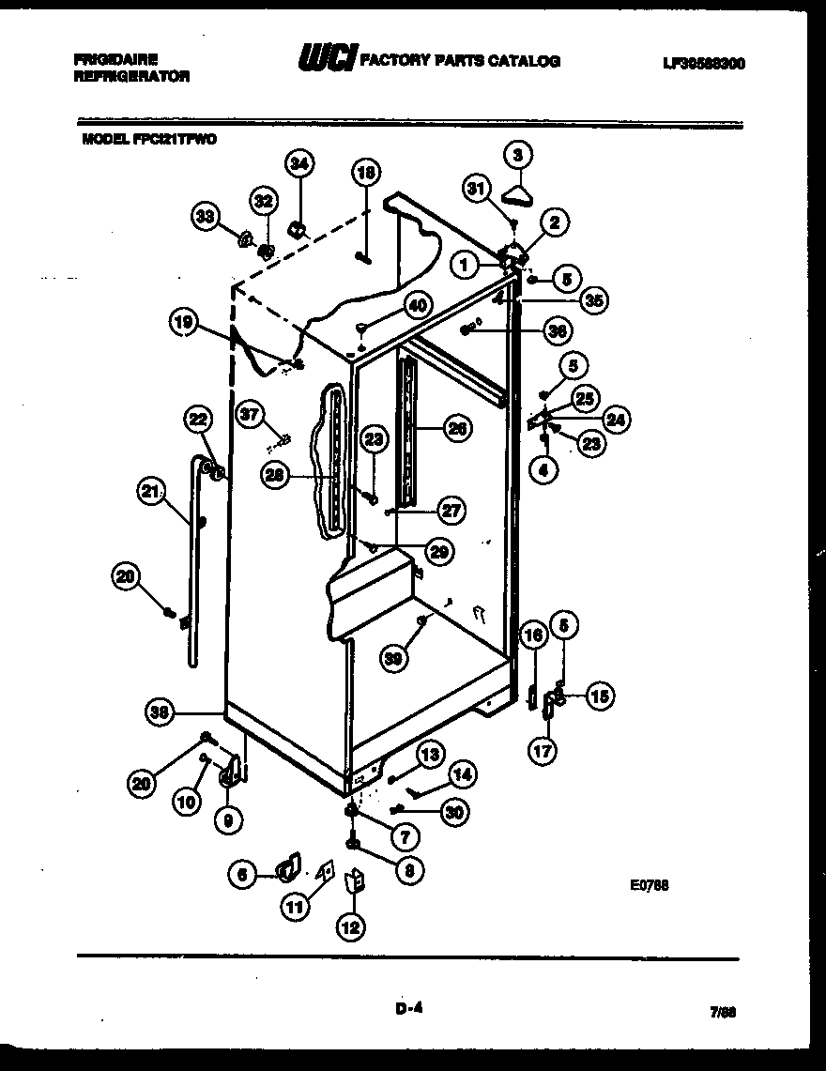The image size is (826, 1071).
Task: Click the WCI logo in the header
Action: pos(325,60)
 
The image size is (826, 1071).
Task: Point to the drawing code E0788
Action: pos(650,884)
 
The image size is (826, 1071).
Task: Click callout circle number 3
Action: pos(517,155)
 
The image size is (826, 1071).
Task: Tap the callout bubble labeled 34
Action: pos(298,164)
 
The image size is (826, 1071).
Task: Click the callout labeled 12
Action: pos(350,927)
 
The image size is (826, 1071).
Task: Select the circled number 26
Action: pos(456,429)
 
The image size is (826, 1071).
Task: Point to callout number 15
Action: pos(600,696)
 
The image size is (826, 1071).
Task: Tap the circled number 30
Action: pos(454,813)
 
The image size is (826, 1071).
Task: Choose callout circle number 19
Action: pos(184,323)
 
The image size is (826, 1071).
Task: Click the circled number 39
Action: pos(395,658)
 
